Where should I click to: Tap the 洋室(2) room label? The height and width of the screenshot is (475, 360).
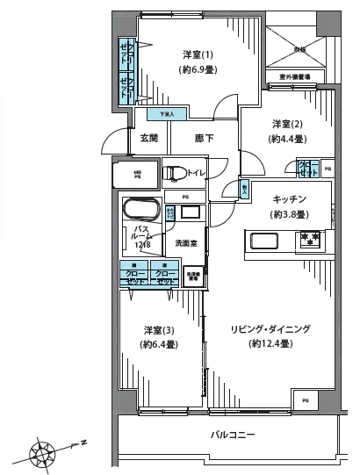coord(288,124)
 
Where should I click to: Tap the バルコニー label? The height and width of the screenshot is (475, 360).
coord(232,435)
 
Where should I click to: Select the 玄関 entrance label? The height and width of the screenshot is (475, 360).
coord(148,138)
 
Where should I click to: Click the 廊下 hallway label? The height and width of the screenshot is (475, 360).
coord(205,138)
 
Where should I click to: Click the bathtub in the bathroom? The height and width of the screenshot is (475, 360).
coord(140,212)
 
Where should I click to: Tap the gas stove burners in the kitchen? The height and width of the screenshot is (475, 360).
coord(309,237)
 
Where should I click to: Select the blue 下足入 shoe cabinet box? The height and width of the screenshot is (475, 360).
coord(167,114)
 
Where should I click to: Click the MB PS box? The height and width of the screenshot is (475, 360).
coord(137,173)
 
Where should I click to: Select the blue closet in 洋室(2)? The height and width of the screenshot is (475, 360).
coord(306,168)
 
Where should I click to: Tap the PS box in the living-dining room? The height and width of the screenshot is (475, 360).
coord(306,399)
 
